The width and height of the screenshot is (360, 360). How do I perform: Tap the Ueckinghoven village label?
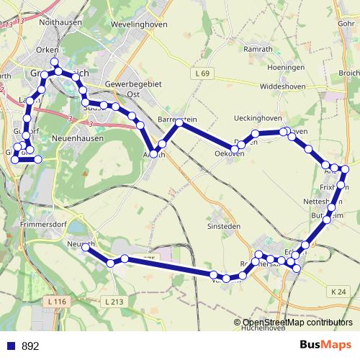258,117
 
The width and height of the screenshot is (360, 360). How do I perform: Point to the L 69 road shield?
204,74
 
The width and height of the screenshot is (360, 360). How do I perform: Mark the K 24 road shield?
340,292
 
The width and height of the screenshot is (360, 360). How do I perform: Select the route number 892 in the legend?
31,346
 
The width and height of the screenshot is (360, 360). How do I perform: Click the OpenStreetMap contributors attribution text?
297,323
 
